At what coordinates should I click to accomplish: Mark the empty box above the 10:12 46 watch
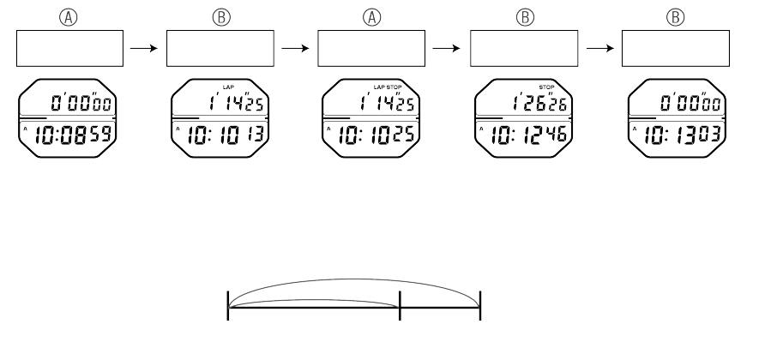click(x=520, y=49)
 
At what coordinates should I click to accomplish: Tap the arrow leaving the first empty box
click(x=142, y=49)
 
